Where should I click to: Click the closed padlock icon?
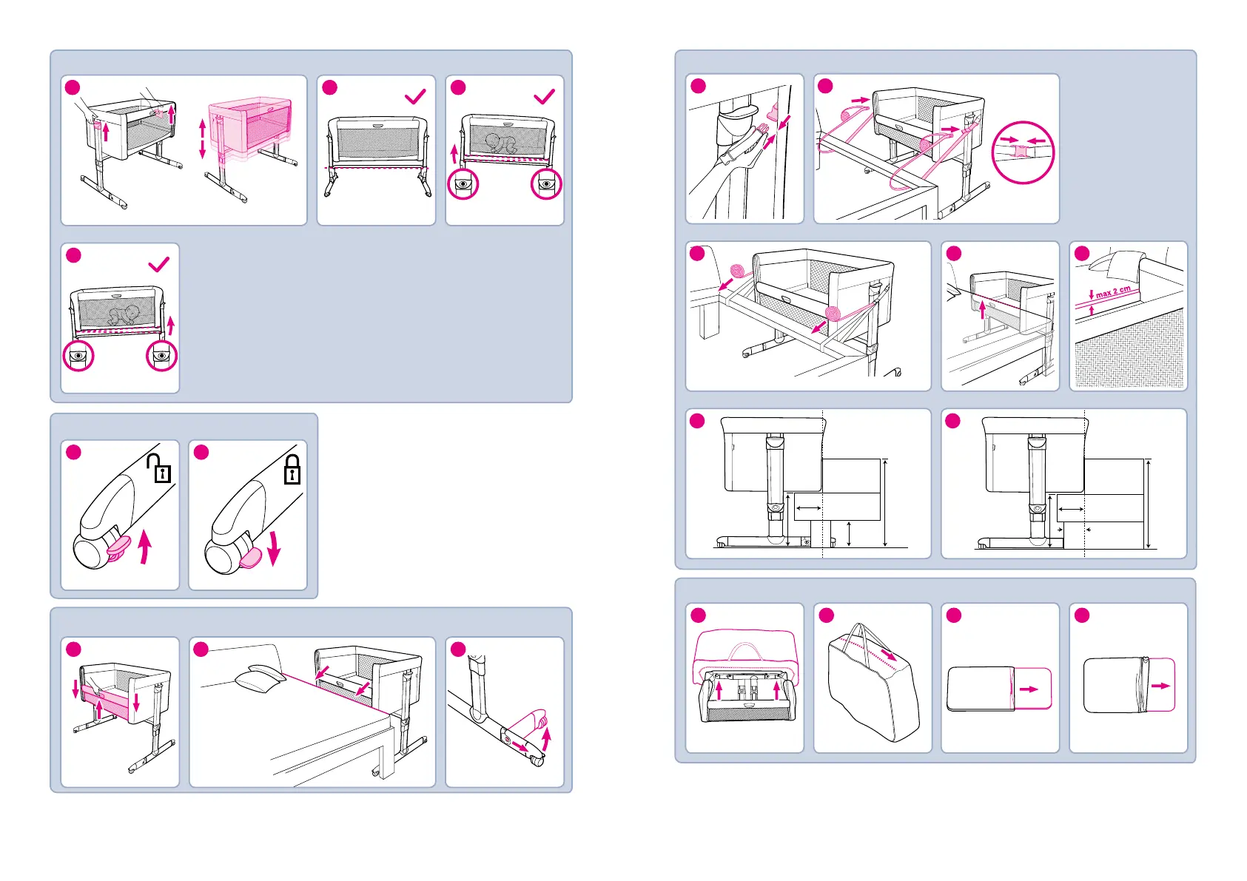click(292, 469)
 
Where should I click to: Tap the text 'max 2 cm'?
click(1113, 292)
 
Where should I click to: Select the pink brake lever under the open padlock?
click(118, 547)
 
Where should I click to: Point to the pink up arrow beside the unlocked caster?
click(145, 548)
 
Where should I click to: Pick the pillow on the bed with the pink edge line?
click(259, 679)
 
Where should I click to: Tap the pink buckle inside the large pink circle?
click(1022, 151)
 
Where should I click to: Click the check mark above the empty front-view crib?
click(415, 96)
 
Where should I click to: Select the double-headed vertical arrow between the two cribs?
click(202, 139)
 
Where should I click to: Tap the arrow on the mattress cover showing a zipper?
click(1160, 686)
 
